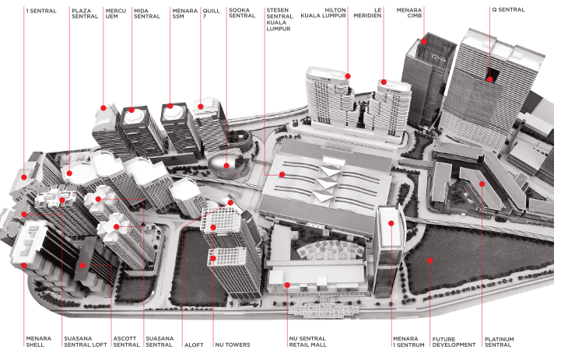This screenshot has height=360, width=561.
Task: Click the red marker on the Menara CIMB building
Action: [x=424, y=41]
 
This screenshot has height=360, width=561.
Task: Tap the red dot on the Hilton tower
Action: [x=348, y=76]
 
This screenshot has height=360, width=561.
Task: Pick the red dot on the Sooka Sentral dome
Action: [x=226, y=165]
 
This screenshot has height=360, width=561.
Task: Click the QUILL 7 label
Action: [x=211, y=12]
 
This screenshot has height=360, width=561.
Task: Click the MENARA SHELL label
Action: [x=38, y=342]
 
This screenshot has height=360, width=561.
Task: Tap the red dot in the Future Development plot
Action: [x=429, y=262]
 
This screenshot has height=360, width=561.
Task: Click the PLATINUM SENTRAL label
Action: [x=499, y=342]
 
